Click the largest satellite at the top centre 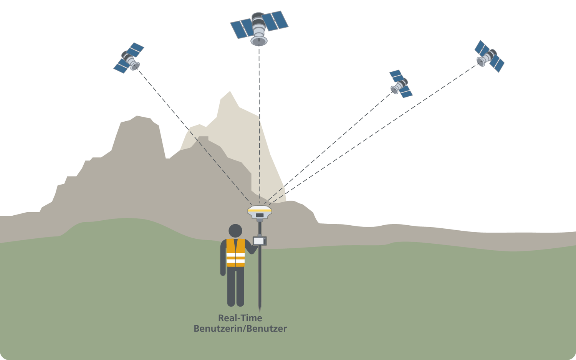259,28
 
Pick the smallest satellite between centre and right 400,84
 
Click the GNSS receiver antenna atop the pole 260,212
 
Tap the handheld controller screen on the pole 259,241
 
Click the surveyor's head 235,231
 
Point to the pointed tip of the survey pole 260,309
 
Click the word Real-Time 240,318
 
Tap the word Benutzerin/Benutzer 240,329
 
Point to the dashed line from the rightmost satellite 376,130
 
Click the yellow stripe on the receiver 260,211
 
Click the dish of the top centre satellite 259,41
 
